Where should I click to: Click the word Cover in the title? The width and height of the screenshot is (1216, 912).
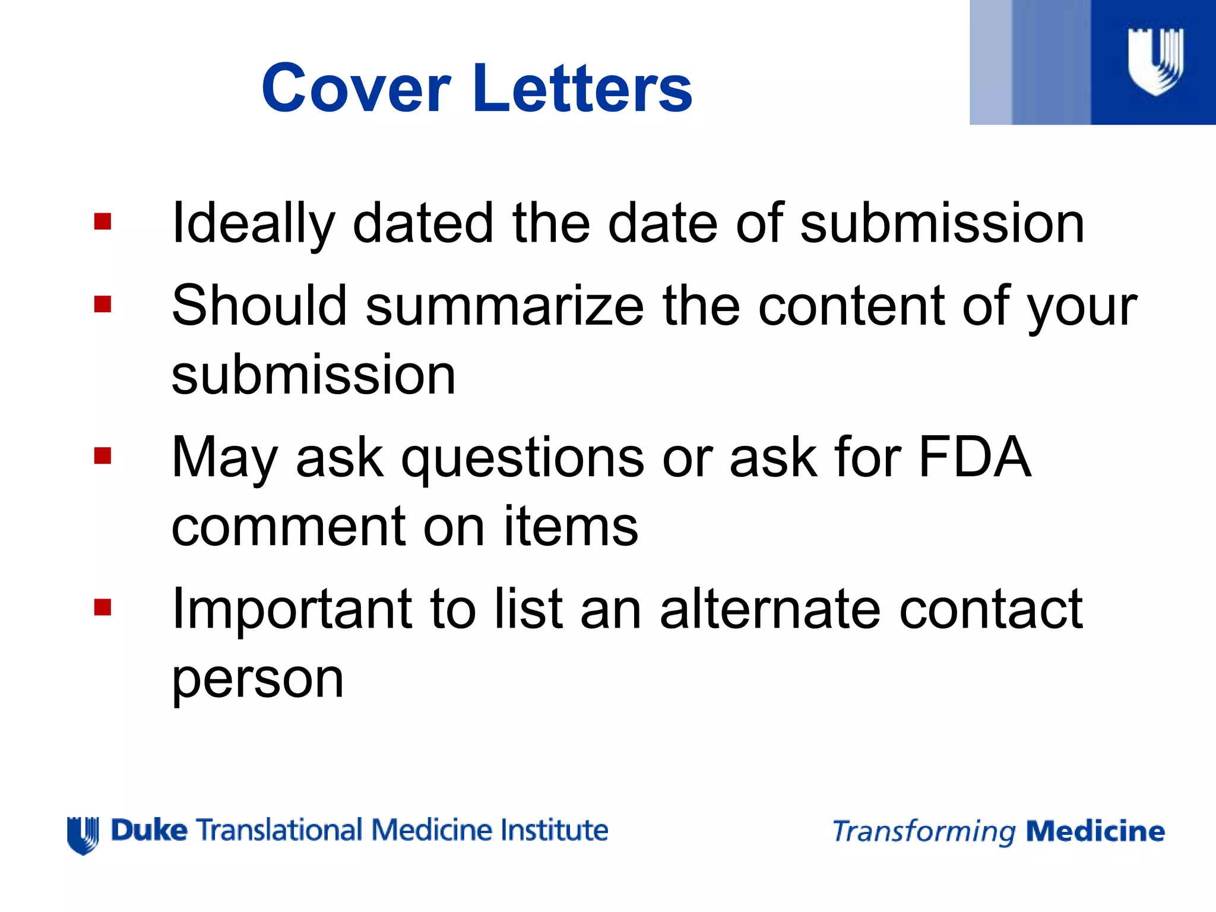(356, 88)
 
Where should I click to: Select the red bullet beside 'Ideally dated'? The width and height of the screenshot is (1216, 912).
(103, 221)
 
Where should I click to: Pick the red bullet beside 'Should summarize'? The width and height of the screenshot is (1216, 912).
(103, 305)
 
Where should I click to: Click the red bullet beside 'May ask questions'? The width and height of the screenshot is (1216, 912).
(103, 456)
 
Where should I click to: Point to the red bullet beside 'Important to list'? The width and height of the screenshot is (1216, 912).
(103, 607)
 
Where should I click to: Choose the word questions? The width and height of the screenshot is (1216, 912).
(522, 458)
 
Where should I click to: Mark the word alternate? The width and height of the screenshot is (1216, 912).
(770, 609)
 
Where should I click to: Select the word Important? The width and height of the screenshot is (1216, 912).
(292, 610)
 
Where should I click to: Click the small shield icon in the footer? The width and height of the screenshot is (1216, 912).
(83, 835)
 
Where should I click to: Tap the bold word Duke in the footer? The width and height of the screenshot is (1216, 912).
(149, 830)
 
